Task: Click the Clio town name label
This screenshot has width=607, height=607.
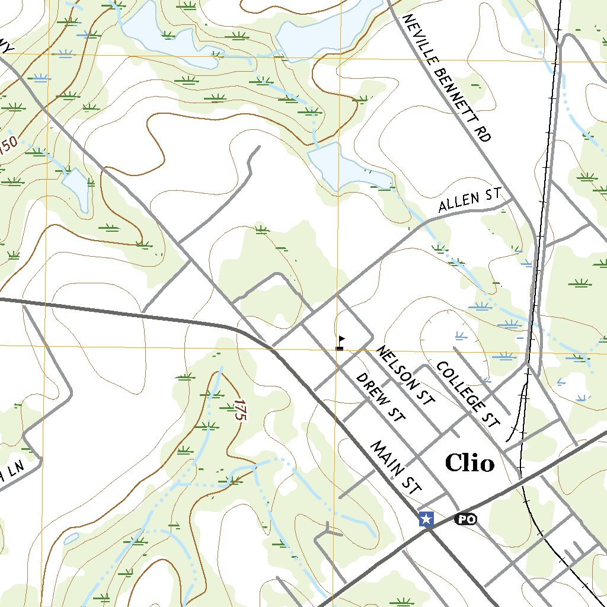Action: (469, 463)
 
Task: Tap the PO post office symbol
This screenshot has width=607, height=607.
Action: (465, 519)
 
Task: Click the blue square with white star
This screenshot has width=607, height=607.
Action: (426, 519)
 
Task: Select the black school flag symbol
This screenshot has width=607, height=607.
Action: (340, 343)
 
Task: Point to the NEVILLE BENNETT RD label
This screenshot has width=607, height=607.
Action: (446, 78)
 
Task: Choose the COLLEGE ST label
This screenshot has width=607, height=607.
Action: (467, 393)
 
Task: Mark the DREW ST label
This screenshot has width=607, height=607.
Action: (379, 397)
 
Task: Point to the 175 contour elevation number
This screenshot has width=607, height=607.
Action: (239, 410)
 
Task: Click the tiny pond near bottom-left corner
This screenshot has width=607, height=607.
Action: (70, 538)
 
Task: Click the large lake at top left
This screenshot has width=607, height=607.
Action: (160, 33)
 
